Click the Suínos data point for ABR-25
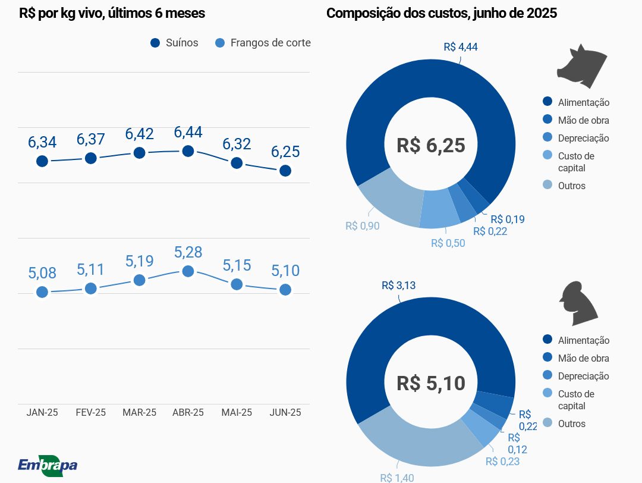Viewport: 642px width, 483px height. pos(188,151)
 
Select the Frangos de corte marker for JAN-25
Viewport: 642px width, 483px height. pos(42,292)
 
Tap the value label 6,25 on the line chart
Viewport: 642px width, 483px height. pos(285,152)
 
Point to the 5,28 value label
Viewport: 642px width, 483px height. pos(188,252)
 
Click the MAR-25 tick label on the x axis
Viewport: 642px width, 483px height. pos(139,413)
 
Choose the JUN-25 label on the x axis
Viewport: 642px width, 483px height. pos(285,413)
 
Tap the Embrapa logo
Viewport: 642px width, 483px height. pos(48,465)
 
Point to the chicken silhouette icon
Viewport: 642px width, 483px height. pos(578,303)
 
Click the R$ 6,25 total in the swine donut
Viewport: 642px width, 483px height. pos(430,145)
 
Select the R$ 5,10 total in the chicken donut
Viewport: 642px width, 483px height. pos(430,383)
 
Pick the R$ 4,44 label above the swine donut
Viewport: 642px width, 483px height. pos(461,47)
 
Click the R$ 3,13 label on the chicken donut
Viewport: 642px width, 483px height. pos(398,285)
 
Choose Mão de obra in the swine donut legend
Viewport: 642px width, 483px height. pos(583,120)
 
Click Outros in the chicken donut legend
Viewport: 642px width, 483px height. pos(571,424)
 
